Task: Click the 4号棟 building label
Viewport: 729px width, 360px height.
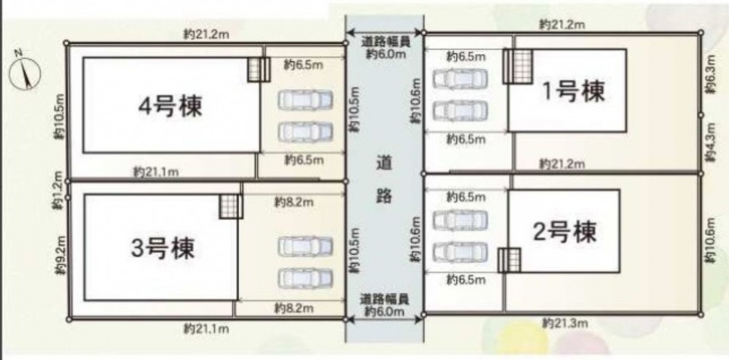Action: pos(170,106)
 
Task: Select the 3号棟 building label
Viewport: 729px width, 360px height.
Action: pos(163,249)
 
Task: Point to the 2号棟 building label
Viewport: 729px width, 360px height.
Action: pos(564,232)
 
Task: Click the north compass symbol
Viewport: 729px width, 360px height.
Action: pos(25,72)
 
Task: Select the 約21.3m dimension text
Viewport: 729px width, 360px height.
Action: pos(564,323)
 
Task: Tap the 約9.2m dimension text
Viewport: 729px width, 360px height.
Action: pos(58,256)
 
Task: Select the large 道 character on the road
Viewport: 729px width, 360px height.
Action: pos(383,163)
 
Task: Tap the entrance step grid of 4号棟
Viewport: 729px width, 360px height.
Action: pos(259,70)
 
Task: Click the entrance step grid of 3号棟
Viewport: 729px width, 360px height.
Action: pos(231,206)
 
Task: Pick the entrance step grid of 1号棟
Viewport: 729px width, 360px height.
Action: pos(518,66)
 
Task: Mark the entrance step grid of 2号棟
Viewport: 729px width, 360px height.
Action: pos(509,260)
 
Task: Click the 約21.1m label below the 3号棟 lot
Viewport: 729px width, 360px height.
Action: pos(206,329)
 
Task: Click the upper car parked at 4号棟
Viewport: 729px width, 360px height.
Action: pos(305,100)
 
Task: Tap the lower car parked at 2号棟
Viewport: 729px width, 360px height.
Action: pos(460,251)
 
